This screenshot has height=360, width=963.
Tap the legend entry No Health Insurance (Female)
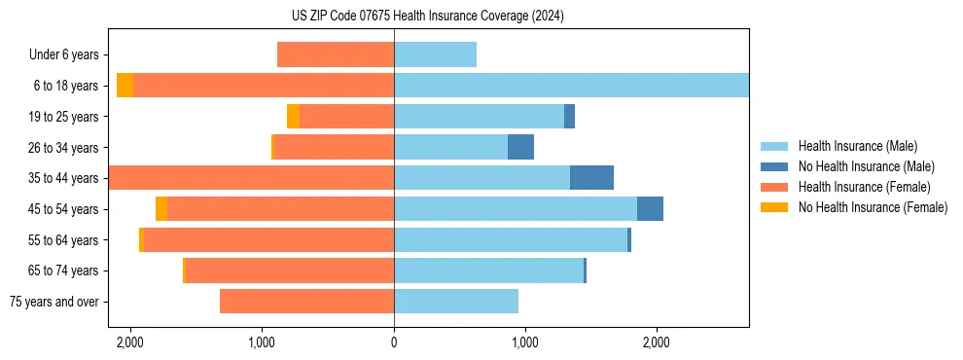873,207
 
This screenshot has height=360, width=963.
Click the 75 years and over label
53,302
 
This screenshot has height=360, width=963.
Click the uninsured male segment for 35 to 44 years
591,178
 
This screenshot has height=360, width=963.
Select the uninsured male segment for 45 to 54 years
650,209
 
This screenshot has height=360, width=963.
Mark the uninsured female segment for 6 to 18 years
125,86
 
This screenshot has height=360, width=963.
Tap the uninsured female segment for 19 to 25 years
293,117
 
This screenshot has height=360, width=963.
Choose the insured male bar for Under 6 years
435,55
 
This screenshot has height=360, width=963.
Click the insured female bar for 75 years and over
306,302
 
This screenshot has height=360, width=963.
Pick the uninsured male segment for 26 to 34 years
520,148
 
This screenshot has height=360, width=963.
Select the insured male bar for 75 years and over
456,302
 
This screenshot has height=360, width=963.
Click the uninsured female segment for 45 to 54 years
161,209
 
